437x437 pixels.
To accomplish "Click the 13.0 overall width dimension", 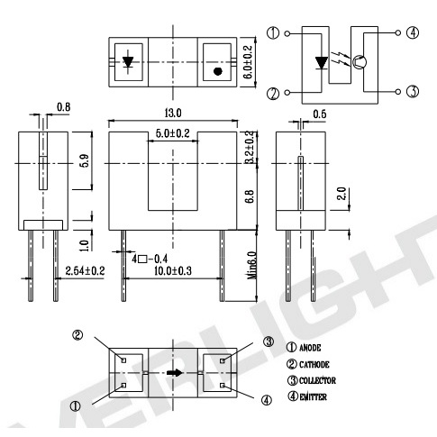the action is point(173,114).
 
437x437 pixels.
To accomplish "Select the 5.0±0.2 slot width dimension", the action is point(173,133).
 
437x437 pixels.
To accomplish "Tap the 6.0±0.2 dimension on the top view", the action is point(248,62).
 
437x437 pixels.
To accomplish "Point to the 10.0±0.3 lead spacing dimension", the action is point(173,271).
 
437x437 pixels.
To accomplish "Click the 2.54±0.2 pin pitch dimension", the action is point(86,271).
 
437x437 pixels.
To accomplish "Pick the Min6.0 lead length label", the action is point(252,265).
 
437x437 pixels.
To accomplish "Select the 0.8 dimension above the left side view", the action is point(63,107).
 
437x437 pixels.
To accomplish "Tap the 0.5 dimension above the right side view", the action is point(320,114).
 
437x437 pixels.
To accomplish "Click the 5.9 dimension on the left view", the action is point(86,160).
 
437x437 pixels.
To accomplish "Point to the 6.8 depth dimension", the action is point(250,196).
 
